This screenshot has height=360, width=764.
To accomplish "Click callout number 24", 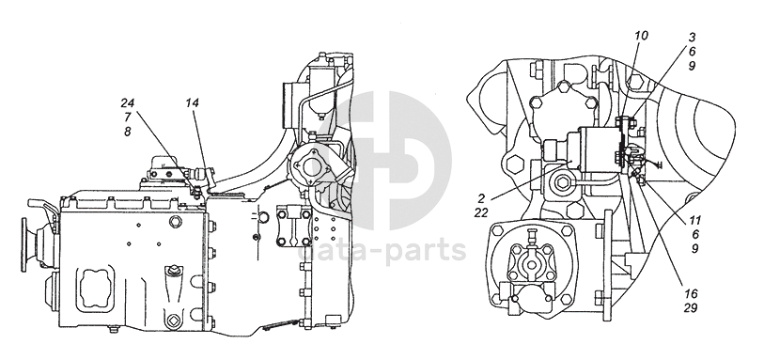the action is click(127, 102).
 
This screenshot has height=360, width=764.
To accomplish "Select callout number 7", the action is click(128, 117).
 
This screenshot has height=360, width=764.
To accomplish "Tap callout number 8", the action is click(128, 132).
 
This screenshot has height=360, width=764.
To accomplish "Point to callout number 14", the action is click(192, 102).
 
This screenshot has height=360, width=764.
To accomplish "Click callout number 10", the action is click(641, 36).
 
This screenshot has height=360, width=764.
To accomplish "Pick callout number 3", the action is click(692, 37).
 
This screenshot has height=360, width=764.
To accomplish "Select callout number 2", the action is click(481, 198).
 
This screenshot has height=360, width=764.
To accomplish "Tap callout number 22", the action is click(481, 212).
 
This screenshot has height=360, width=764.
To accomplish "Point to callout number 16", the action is click(691, 293).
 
